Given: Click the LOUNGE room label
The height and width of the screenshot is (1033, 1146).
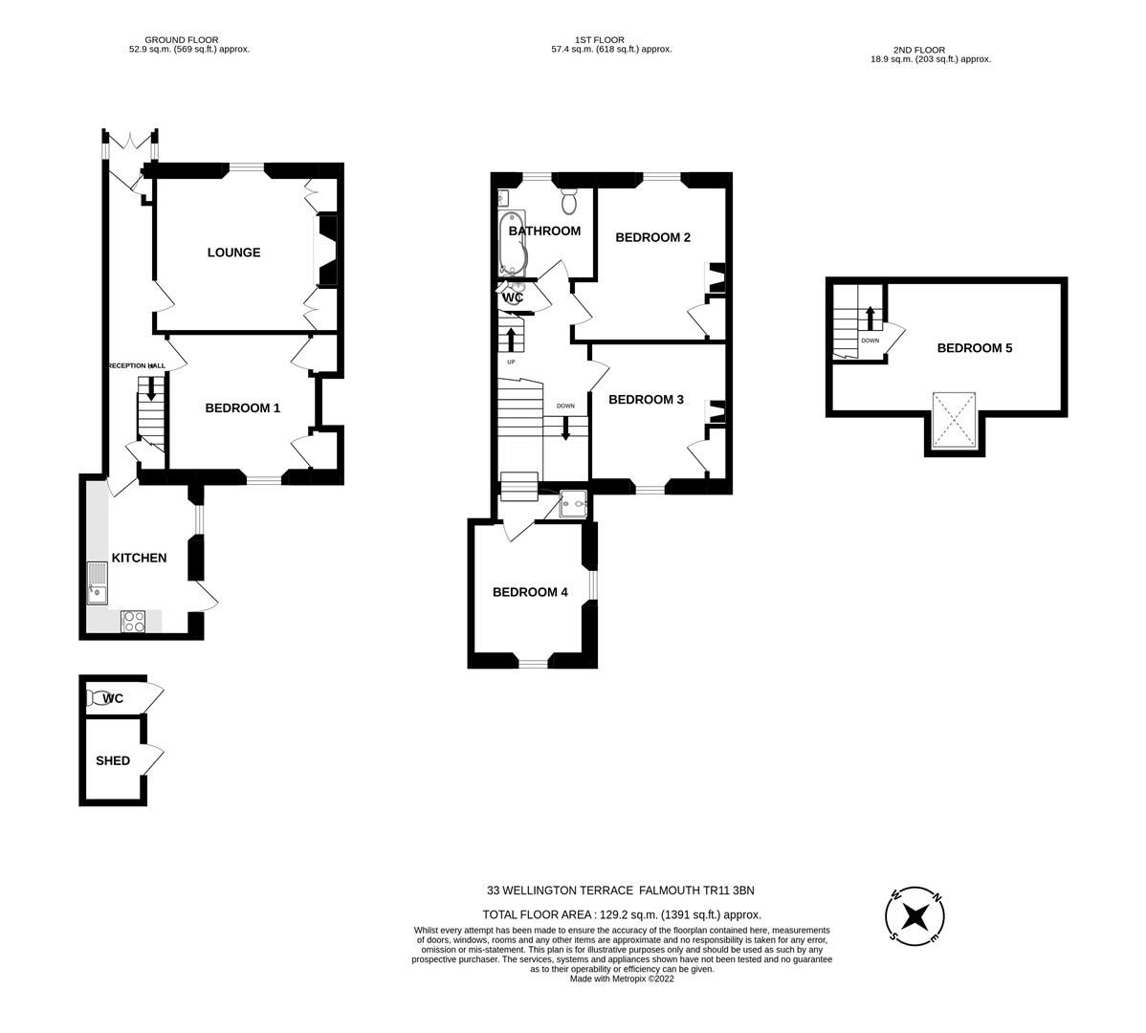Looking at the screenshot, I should (233, 253).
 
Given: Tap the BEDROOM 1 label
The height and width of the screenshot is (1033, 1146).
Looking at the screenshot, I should (242, 407).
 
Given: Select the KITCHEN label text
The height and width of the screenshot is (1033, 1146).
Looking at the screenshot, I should (139, 558).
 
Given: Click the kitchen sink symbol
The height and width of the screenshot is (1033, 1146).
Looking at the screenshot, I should (98, 582).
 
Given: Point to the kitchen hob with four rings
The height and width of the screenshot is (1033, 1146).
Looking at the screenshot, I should (134, 621).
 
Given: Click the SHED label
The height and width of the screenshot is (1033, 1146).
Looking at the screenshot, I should (112, 760).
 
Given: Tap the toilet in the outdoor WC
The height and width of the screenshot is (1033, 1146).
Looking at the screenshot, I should (97, 698).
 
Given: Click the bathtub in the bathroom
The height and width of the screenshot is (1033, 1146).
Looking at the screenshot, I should (512, 241).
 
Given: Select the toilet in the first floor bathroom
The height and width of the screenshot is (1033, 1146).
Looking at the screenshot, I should (569, 202).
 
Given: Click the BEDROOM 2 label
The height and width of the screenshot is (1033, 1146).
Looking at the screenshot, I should (652, 237).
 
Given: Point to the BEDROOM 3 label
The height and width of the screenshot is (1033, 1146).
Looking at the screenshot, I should (646, 399).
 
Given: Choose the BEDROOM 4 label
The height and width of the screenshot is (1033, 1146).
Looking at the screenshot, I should (530, 592).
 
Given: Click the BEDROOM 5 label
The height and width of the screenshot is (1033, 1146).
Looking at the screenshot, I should (974, 348).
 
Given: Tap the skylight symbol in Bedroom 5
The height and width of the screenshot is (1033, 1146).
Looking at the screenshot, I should (954, 420).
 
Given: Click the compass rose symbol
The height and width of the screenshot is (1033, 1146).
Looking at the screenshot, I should (915, 916).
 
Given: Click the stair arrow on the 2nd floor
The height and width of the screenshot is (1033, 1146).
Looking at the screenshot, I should (870, 318).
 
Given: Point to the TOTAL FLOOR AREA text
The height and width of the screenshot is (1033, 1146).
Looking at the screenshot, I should (622, 914).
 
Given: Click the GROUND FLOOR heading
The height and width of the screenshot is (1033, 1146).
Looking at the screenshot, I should (182, 40).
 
